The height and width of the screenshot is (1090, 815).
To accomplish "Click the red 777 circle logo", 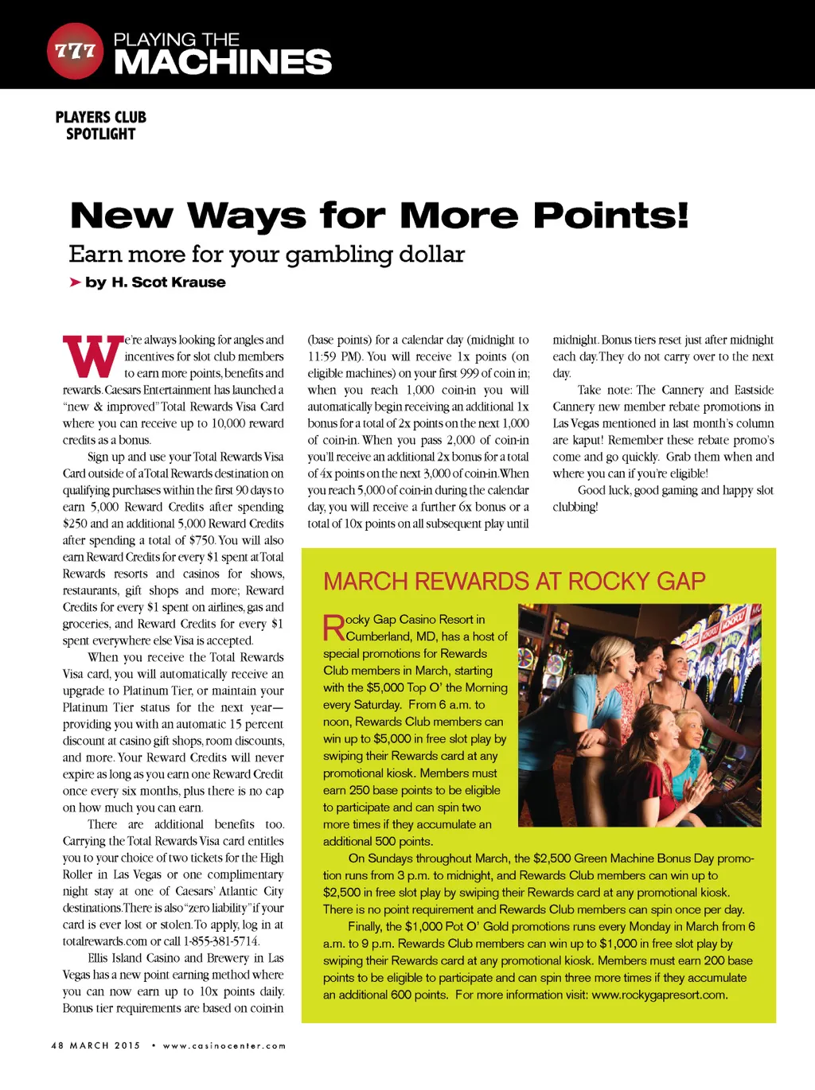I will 75,51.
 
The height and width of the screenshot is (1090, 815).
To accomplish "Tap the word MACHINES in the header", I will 223,62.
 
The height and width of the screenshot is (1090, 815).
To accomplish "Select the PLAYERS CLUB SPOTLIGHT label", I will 101,125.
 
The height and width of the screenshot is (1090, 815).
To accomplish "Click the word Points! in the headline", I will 610,216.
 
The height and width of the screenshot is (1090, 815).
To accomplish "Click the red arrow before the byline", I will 75,282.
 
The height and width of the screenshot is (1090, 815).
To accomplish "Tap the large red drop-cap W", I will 92,357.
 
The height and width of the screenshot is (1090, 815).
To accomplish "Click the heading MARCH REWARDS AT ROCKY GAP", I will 514,581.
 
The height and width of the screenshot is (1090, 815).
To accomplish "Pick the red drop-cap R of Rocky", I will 333,628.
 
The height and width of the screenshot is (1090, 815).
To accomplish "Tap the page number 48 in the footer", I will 57,1045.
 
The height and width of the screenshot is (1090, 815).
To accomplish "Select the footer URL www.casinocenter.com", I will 224,1045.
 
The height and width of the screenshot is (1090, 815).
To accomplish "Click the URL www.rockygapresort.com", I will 659,995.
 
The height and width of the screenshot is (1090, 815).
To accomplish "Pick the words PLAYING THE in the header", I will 177,39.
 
